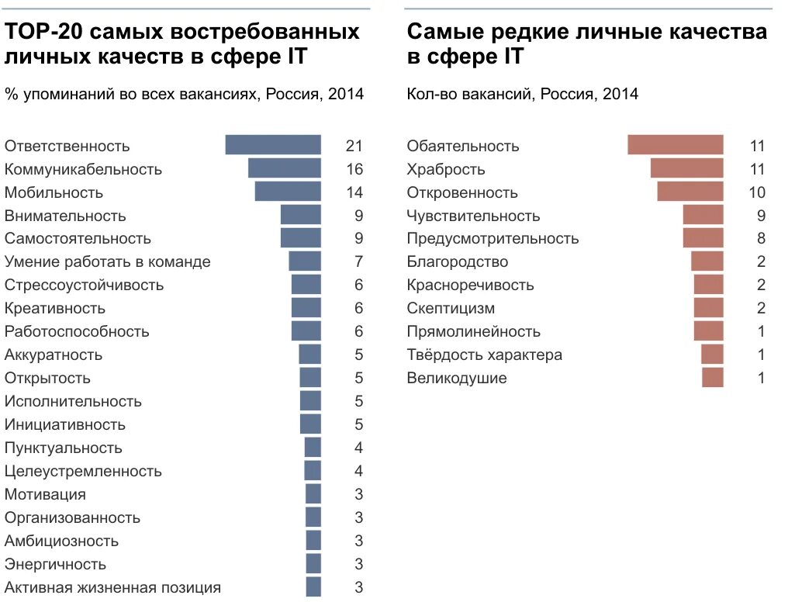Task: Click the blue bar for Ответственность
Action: coord(273,145)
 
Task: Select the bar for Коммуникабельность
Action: coord(285,168)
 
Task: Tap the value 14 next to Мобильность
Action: coord(354,192)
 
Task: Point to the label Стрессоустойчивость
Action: coord(84,285)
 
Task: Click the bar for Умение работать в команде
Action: coord(305,261)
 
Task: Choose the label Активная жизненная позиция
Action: coord(112,587)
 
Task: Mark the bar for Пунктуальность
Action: coord(313,448)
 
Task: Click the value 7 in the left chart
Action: coord(358,261)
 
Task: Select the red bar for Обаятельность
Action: coord(676,145)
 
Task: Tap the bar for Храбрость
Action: coord(687,168)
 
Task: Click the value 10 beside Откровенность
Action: coord(757,192)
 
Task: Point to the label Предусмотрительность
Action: coord(493,238)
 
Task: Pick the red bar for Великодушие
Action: coord(713,378)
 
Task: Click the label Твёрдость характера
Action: coord(484,355)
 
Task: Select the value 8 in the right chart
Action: coord(761,238)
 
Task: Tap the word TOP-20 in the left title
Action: coord(43,32)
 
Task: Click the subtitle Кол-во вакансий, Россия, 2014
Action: coord(522,94)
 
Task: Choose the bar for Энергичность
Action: coord(313,564)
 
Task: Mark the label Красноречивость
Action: coord(470,285)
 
